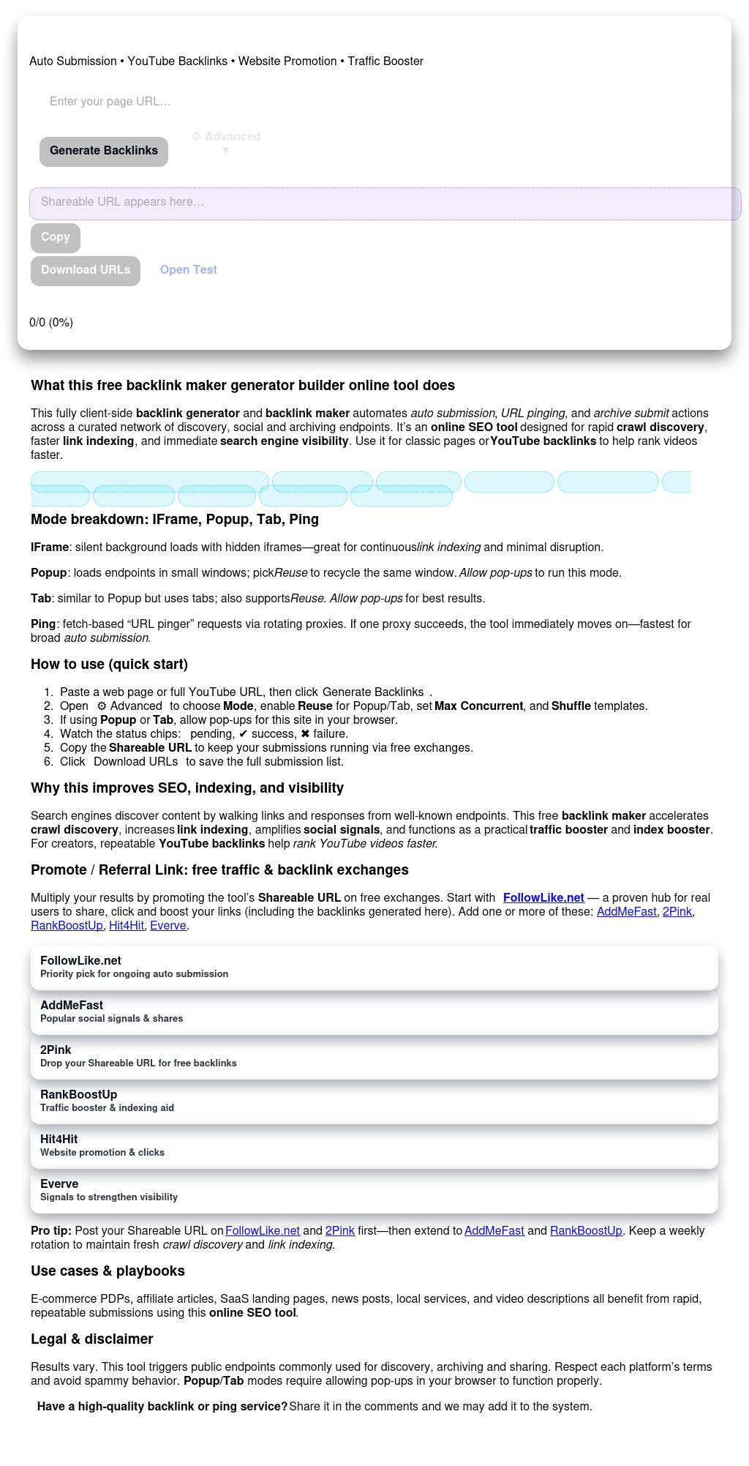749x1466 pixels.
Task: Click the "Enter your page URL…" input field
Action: (x=219, y=102)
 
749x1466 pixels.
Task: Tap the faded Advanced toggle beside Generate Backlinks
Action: (x=226, y=142)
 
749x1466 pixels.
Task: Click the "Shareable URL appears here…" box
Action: (x=385, y=203)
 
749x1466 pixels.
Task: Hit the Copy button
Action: (x=56, y=237)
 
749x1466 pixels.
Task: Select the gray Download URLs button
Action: (x=86, y=270)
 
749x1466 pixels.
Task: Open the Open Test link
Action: (x=188, y=270)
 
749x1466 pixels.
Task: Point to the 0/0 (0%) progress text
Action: (x=51, y=323)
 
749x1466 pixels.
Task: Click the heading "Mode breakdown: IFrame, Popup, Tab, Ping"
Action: (x=175, y=520)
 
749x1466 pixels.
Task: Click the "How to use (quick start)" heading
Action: (x=109, y=665)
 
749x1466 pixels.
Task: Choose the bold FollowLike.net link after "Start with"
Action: (x=543, y=898)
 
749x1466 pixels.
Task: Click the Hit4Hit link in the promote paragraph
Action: (x=126, y=926)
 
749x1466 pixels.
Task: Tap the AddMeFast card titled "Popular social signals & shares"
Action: (x=374, y=1011)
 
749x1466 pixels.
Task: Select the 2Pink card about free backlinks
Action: (x=374, y=1056)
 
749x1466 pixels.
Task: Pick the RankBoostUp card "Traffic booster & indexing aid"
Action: (x=374, y=1101)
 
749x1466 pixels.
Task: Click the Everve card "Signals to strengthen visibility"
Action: (x=374, y=1190)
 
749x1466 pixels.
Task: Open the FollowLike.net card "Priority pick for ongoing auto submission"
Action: (x=374, y=967)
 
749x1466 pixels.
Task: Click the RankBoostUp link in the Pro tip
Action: (x=586, y=1231)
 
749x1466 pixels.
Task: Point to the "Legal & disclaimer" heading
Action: (x=92, y=1339)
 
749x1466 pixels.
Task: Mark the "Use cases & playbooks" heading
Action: (x=108, y=1271)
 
